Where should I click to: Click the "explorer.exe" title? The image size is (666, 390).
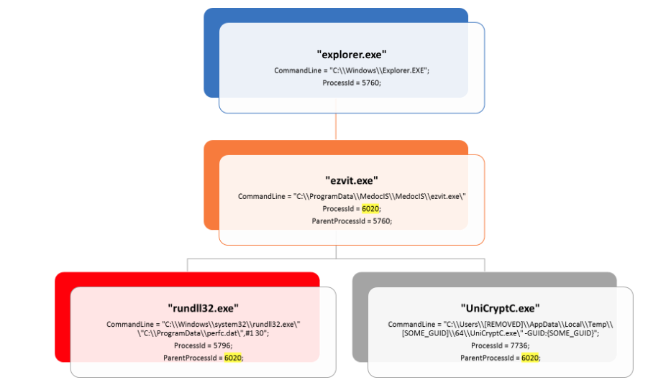pos(352,54)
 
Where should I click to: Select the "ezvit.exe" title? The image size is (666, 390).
pos(352,180)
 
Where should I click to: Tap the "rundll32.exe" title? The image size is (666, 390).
pos(203,308)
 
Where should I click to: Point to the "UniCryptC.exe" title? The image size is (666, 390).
pos(500,308)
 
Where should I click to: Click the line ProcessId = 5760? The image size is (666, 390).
pos(352,83)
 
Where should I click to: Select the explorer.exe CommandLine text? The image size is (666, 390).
pos(352,70)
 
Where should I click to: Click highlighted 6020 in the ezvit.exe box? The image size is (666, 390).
pos(370,208)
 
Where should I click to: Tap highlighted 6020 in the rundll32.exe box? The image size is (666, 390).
pos(233,357)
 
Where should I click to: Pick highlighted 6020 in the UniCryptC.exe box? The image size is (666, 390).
pos(530,357)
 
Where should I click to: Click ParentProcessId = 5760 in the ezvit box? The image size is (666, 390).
pos(352,221)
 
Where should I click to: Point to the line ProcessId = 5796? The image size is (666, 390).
pos(203,345)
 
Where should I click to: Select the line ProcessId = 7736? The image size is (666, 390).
pos(500,345)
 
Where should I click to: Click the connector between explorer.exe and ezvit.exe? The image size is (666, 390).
pos(336,126)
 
